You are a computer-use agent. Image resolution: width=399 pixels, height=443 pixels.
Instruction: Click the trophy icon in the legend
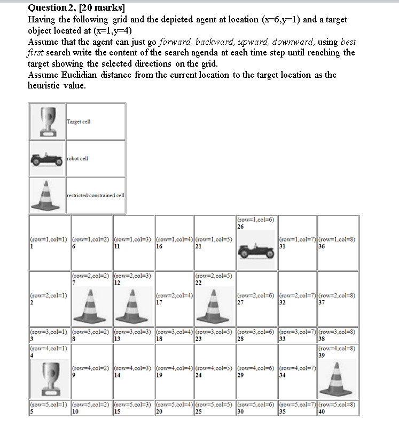(x=47, y=121)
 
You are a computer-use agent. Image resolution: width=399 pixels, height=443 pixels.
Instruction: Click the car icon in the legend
(x=47, y=158)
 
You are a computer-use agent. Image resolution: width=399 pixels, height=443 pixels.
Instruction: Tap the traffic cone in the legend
(x=47, y=195)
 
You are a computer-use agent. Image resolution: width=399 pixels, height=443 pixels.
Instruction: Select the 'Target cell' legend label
(x=79, y=122)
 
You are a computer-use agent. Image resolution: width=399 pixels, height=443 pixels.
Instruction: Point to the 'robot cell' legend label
(x=77, y=158)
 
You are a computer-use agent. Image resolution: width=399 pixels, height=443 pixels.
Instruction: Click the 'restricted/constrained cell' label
(x=96, y=195)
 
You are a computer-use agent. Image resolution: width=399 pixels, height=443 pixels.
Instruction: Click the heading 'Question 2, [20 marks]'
(x=76, y=8)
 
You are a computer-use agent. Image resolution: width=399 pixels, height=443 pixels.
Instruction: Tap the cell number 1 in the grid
(x=32, y=246)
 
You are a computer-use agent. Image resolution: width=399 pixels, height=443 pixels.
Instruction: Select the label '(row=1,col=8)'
(x=337, y=239)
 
